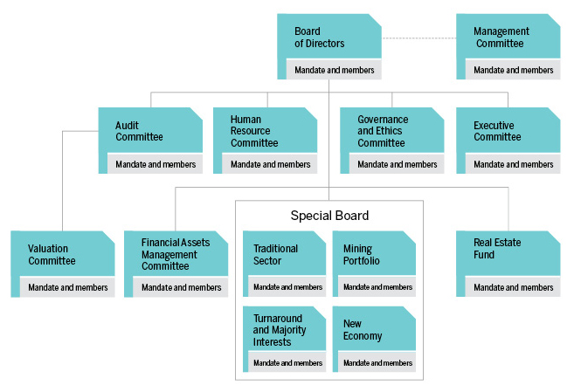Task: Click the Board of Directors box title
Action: (x=319, y=38)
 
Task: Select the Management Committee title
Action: (x=501, y=38)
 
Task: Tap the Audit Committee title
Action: (x=139, y=131)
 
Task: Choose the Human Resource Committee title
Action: (x=254, y=131)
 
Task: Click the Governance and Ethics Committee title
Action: (x=383, y=131)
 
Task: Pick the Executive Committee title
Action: (x=497, y=131)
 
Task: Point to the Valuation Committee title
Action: (x=52, y=255)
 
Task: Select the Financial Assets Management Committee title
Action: (x=176, y=254)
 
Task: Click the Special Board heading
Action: (x=329, y=216)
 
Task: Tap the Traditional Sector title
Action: (x=275, y=255)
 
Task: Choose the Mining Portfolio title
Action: (x=362, y=255)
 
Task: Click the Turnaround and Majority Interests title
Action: (x=280, y=330)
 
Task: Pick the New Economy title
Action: (x=363, y=330)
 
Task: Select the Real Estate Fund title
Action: (x=497, y=249)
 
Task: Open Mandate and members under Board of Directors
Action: (x=335, y=70)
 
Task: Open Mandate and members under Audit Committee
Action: (x=156, y=164)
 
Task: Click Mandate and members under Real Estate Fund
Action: (x=513, y=287)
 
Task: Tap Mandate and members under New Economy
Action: (x=377, y=362)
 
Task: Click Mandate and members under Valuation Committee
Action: (x=68, y=287)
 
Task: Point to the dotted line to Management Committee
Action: (x=418, y=38)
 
